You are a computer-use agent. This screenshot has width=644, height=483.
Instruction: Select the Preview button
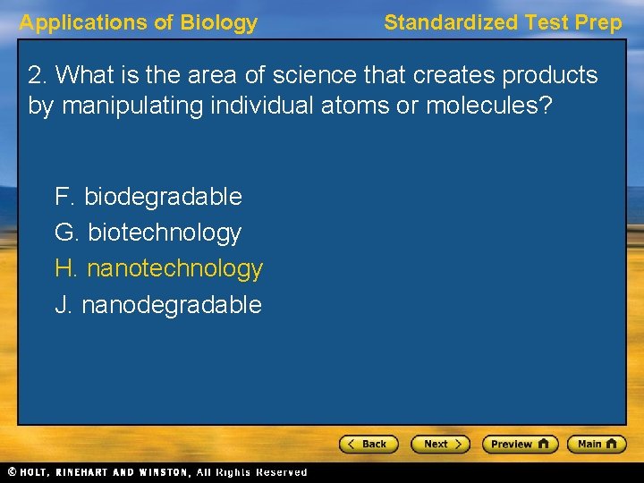click(519, 444)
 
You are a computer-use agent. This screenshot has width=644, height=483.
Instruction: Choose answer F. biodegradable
click(148, 196)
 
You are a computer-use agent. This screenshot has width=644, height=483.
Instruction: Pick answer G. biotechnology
click(148, 233)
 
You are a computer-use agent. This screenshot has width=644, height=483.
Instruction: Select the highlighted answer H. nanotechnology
click(159, 268)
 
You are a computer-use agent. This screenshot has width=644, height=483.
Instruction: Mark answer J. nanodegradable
click(158, 305)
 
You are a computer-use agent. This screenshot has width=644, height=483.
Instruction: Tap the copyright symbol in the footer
click(12, 472)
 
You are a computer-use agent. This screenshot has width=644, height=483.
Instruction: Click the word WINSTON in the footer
click(161, 472)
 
